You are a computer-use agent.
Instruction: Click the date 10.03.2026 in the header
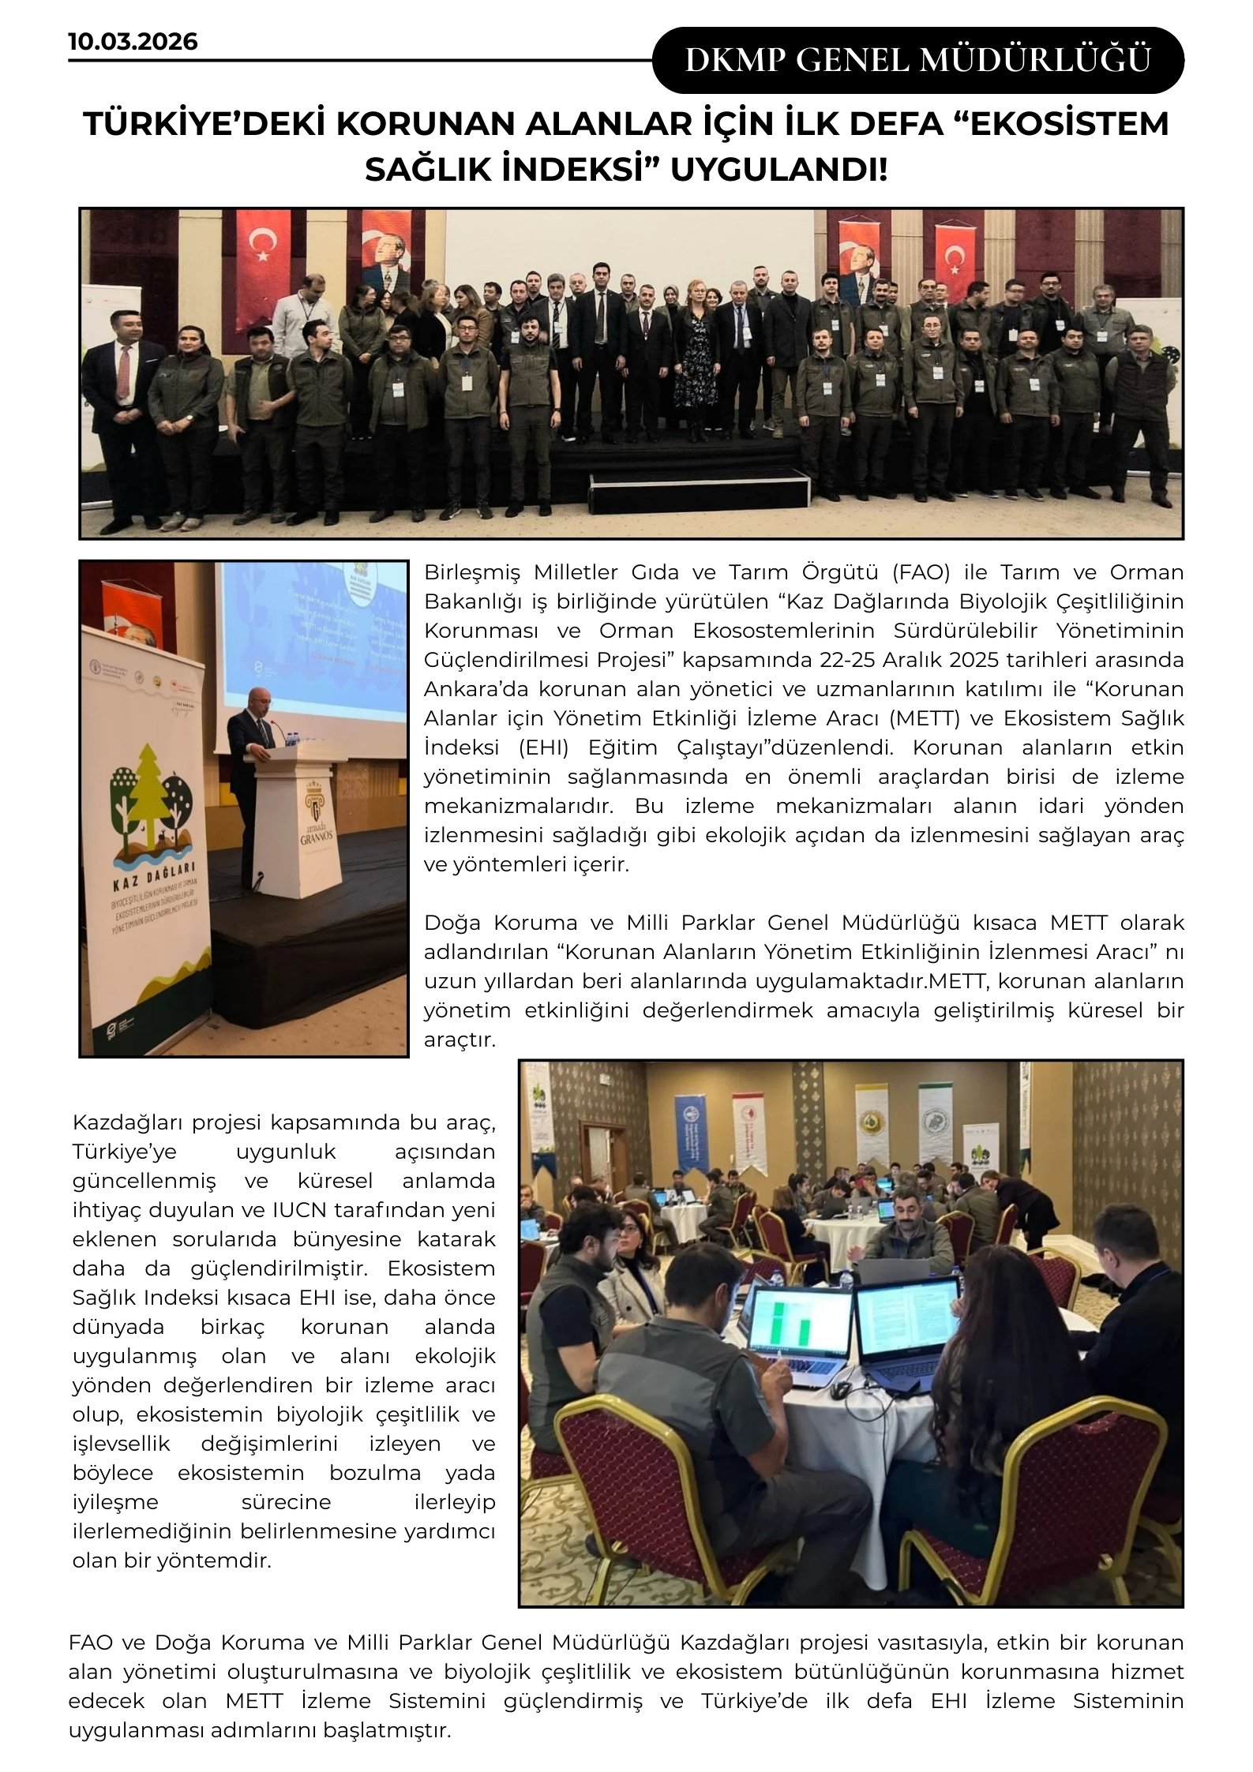point(133,41)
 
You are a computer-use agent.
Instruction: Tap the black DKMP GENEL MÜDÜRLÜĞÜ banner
point(917,61)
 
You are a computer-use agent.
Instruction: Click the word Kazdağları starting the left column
point(126,1122)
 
